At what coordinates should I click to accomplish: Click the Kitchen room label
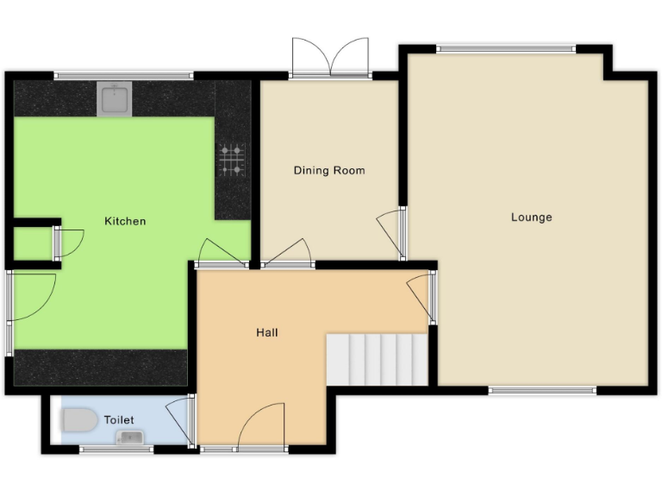coord(125,222)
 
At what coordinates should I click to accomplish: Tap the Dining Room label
coord(329,171)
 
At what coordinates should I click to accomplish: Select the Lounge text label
coord(531,217)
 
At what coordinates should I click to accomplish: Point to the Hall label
coord(267,332)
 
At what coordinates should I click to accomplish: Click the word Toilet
coord(119,420)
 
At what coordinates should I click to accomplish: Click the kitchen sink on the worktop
coord(115,99)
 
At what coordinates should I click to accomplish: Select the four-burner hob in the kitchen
coord(232,159)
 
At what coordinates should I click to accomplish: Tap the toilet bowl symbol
coord(78,421)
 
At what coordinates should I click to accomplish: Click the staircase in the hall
coord(377,360)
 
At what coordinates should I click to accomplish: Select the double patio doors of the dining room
coord(330,59)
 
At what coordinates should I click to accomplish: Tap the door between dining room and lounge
coord(392,231)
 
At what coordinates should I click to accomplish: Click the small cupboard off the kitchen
coord(32,243)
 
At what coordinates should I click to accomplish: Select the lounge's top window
coord(506,48)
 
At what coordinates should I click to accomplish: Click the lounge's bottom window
coord(542,391)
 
